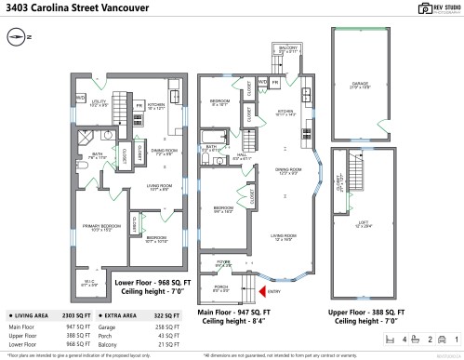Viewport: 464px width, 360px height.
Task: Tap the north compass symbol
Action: tap(16, 38)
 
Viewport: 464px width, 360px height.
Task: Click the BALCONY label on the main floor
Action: tap(290, 48)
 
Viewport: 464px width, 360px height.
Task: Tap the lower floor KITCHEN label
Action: tap(156, 105)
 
